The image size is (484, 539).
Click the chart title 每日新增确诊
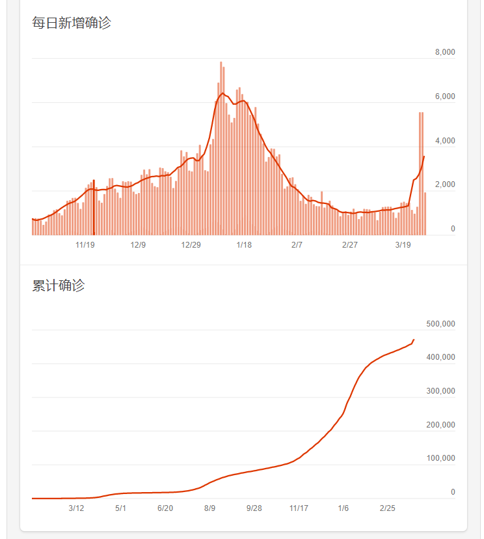pos(72,23)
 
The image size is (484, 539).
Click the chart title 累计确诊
pos(59,285)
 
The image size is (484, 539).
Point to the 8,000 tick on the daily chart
pos(445,52)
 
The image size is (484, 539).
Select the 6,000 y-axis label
pos(445,96)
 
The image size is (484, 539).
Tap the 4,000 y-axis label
pos(445,141)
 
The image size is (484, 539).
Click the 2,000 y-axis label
pos(445,185)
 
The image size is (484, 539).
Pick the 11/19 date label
pos(85,245)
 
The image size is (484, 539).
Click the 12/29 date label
pos(191,245)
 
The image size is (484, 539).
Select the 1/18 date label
pos(244,245)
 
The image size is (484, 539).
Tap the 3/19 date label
pos(403,245)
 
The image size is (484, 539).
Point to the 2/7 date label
pos(297,245)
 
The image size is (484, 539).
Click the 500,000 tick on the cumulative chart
pos(440,324)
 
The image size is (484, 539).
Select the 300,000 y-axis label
pos(440,391)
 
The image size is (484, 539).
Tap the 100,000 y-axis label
pos(440,458)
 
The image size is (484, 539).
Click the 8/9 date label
pos(209,508)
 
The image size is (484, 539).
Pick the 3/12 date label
pos(76,508)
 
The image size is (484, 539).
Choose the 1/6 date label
pos(343,508)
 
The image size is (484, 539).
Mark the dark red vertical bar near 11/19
pos(94,207)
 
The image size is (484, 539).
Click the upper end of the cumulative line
pos(414,340)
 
